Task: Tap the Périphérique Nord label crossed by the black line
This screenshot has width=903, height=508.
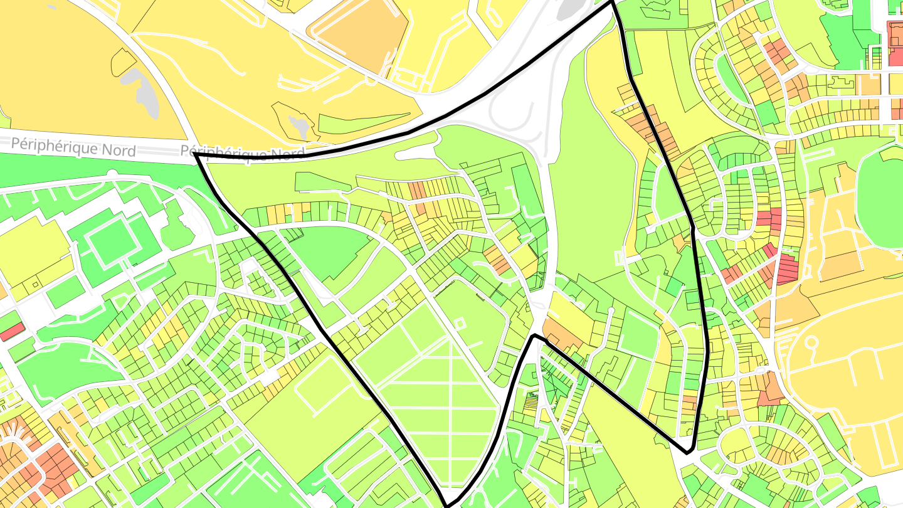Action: click(242, 152)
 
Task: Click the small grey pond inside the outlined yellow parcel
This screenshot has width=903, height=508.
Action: click(299, 126)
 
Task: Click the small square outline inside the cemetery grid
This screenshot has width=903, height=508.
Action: click(460, 324)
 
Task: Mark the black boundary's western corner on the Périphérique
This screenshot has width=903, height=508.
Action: click(196, 154)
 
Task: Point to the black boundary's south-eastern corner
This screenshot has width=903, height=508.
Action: click(688, 450)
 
